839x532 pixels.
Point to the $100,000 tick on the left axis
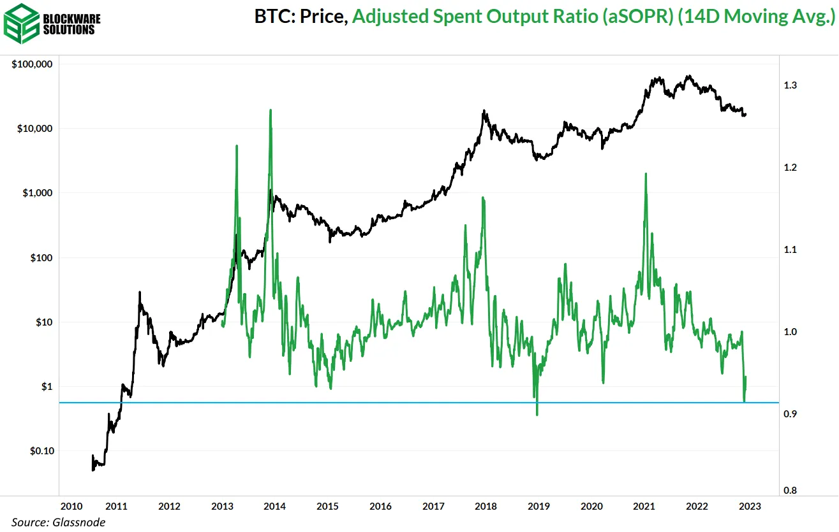32,64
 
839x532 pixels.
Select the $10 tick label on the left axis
43,322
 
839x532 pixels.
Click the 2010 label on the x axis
70,507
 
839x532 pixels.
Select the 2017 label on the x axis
434,507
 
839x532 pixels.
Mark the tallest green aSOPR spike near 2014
271,110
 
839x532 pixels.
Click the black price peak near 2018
484,111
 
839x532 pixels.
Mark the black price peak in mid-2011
140,292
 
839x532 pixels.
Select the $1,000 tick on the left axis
38,193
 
